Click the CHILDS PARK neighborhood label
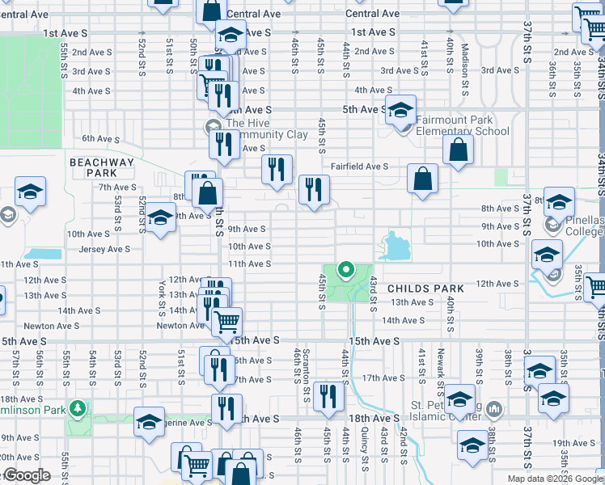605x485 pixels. tap(425, 289)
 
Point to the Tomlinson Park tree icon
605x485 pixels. tap(78, 407)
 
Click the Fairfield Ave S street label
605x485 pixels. tap(359, 167)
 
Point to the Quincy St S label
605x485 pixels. tap(366, 449)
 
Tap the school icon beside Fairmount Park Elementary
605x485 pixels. tap(400, 111)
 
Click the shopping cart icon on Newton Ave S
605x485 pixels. tap(226, 321)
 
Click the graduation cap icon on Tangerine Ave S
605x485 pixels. tap(149, 423)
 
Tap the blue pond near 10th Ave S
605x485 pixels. tap(394, 244)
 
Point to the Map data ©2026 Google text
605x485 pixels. tap(554, 479)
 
